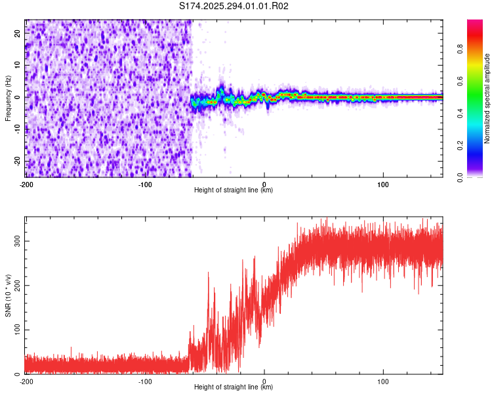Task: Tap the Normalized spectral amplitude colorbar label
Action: (x=487, y=98)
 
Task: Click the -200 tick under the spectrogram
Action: (x=26, y=184)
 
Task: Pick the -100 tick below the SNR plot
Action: (x=145, y=381)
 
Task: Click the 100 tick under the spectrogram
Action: (x=383, y=184)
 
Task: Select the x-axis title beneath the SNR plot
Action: (x=234, y=387)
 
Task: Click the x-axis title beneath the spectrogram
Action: (x=234, y=190)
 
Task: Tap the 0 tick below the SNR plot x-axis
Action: (x=264, y=381)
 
